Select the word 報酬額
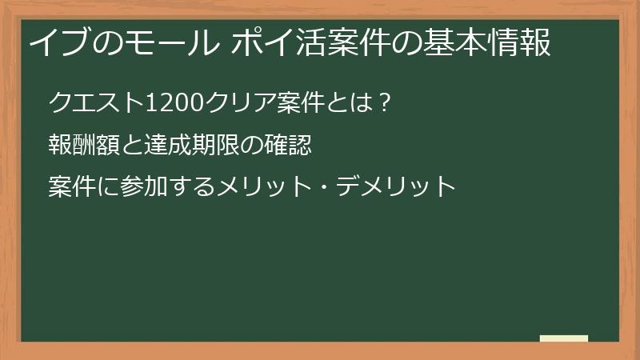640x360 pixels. pyautogui.click(x=81, y=145)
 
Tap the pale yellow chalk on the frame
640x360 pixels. pyautogui.click(x=563, y=338)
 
